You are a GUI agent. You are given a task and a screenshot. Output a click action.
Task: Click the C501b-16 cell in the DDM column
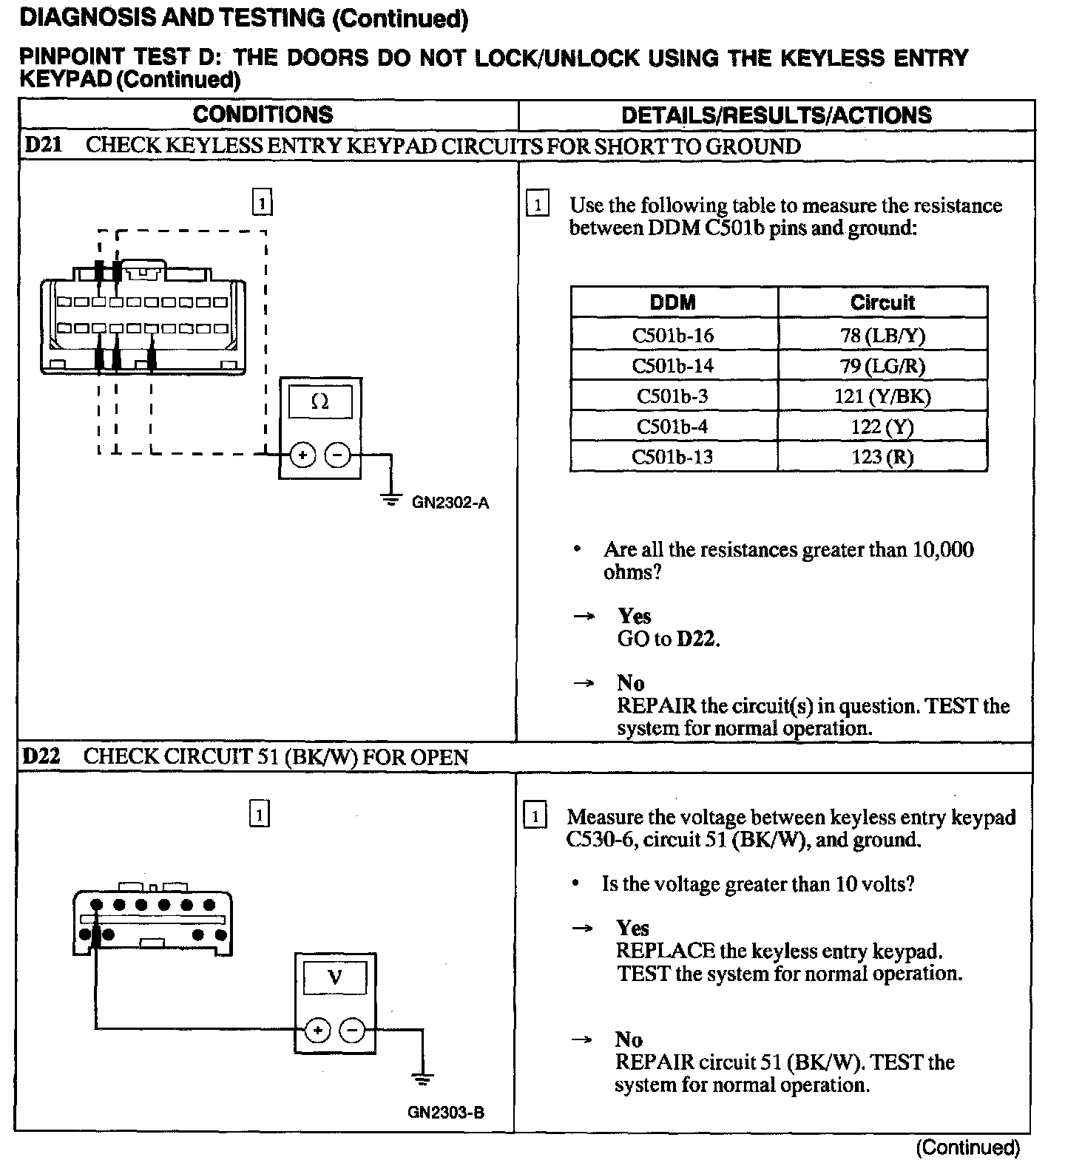pyautogui.click(x=673, y=336)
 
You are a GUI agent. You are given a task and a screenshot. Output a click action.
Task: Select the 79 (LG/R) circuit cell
pyautogui.click(x=882, y=366)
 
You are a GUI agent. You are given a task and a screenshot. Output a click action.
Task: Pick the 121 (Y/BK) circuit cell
pyautogui.click(x=882, y=396)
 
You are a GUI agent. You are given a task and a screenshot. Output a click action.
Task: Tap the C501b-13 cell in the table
pyautogui.click(x=673, y=457)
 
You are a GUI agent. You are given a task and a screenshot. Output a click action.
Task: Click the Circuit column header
pyautogui.click(x=882, y=302)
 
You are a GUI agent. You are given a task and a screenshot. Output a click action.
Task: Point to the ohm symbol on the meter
pyautogui.click(x=320, y=401)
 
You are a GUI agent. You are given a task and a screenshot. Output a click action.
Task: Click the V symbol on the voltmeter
pyautogui.click(x=335, y=977)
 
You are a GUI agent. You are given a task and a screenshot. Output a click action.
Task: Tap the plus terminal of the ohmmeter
pyautogui.click(x=302, y=455)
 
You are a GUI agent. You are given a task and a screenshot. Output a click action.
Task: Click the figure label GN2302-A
pyautogui.click(x=450, y=503)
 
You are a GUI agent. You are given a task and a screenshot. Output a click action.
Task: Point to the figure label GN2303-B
pyautogui.click(x=446, y=1113)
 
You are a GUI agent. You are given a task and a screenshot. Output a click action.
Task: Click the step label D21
pyautogui.click(x=43, y=145)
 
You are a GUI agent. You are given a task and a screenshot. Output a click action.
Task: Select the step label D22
pyautogui.click(x=41, y=756)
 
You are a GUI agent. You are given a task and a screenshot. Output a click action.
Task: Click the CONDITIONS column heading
pyautogui.click(x=263, y=115)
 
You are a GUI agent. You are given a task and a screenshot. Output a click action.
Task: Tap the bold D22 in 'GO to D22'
pyautogui.click(x=697, y=639)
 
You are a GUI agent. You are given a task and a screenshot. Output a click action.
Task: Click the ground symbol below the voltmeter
pyautogui.click(x=422, y=1079)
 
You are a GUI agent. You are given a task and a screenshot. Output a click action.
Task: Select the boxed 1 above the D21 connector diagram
pyautogui.click(x=263, y=202)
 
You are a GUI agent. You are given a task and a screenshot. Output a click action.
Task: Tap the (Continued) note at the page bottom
pyautogui.click(x=968, y=1148)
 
